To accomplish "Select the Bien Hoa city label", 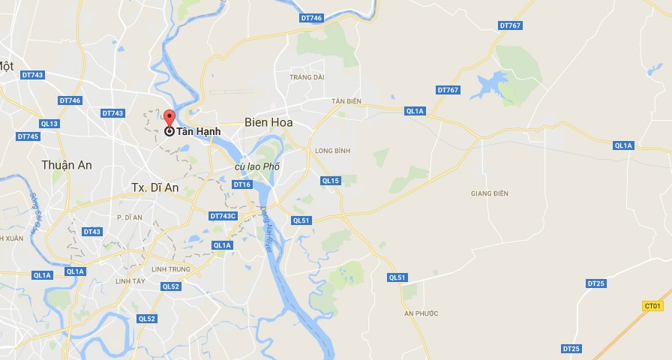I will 268,121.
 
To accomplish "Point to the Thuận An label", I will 67,165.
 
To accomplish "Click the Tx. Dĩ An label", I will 155,187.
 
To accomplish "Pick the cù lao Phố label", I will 256,166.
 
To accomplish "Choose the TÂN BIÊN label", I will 346,100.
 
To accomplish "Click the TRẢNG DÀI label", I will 307,76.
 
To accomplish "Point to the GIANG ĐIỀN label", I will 490,193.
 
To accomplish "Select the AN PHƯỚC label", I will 421,313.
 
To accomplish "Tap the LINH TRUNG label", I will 169,269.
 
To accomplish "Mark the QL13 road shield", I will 49,124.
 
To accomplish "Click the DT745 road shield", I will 27,136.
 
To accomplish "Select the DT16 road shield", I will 241,184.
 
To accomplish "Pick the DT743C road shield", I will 223,216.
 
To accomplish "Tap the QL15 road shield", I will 330,181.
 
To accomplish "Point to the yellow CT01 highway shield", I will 653,306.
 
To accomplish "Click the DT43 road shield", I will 92,232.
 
